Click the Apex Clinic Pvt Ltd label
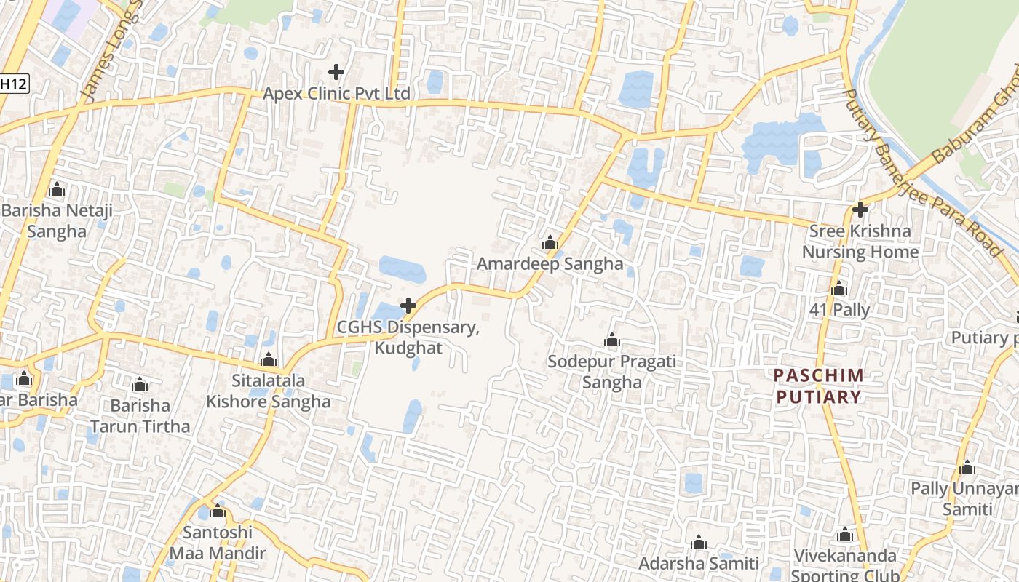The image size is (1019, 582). tap(336, 94)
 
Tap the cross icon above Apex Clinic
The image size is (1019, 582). tap(336, 72)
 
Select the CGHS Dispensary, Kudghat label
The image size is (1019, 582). tap(408, 338)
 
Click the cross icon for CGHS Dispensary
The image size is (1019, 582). tap(408, 306)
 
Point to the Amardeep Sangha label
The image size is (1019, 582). tap(550, 264)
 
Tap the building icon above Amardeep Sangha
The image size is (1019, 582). tap(550, 242)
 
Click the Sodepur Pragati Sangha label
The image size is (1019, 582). tap(611, 372)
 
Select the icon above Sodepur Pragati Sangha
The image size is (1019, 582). tap(611, 340)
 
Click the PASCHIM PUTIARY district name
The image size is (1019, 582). tap(819, 386)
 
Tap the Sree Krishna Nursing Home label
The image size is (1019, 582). tap(860, 242)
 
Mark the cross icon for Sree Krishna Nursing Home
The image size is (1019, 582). tap(860, 210)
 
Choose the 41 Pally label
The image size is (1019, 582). tap(839, 310)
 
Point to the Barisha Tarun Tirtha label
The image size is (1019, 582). tap(140, 416)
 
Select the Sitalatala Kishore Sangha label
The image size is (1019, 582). tap(268, 391)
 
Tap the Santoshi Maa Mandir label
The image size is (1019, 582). tap(218, 543)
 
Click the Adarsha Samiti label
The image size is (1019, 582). tap(698, 563)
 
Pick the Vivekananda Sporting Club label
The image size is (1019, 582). tap(845, 565)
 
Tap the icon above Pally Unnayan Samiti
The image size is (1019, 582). tap(967, 468)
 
